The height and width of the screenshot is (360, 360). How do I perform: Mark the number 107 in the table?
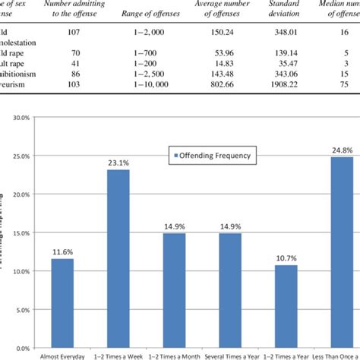click(x=78, y=34)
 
